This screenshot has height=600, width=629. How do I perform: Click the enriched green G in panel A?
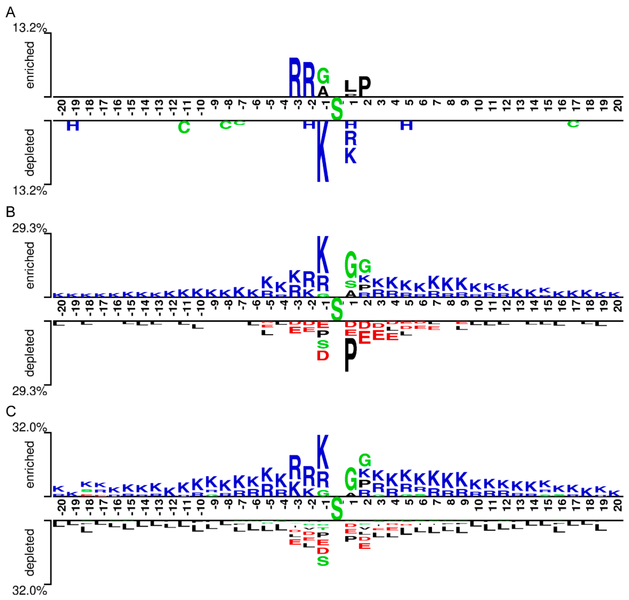pyautogui.click(x=323, y=76)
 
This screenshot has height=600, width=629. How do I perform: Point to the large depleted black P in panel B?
pyautogui.click(x=351, y=354)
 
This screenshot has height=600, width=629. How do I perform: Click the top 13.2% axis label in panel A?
pyautogui.click(x=29, y=28)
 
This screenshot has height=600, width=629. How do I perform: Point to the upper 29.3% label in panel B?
pyautogui.click(x=29, y=228)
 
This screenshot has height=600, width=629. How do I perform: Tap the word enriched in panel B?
pyautogui.click(x=30, y=265)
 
